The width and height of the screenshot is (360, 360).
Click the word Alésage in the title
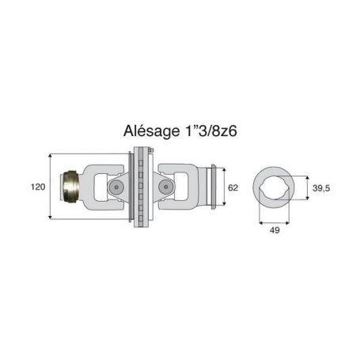(151, 131)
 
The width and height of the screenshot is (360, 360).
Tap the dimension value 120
(38, 187)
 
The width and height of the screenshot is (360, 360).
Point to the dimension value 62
(233, 188)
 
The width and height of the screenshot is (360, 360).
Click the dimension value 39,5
(321, 188)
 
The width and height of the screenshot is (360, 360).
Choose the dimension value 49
(275, 230)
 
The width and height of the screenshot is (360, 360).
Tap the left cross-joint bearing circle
(116, 187)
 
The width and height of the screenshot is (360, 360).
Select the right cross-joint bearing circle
(165, 187)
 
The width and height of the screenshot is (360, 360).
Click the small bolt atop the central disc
(151, 150)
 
